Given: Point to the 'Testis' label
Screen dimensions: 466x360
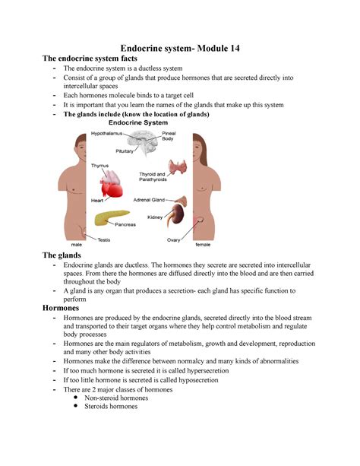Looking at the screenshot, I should (106, 239).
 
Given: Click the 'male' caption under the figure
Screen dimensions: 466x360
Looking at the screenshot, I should (76, 246).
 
